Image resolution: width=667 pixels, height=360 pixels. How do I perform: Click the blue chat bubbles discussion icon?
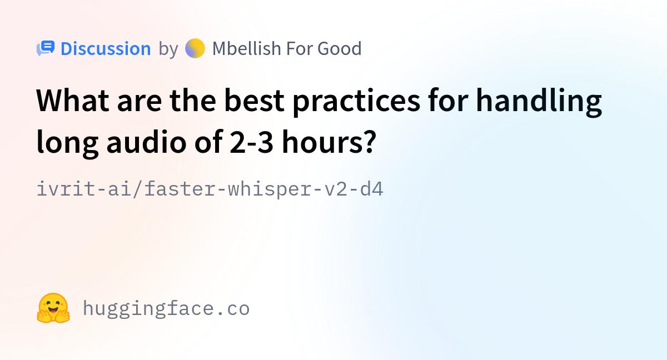tap(46, 48)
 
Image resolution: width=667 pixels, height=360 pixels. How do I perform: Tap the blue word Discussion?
tap(106, 48)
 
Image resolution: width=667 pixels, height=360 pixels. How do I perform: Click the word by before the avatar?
tap(168, 49)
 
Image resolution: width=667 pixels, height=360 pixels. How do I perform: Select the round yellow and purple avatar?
tap(195, 48)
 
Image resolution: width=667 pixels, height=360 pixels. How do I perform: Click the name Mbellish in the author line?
tap(246, 48)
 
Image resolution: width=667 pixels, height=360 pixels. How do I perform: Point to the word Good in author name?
tap(340, 48)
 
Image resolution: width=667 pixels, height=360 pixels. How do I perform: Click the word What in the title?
tap(73, 101)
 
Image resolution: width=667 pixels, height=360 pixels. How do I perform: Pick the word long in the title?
tap(68, 143)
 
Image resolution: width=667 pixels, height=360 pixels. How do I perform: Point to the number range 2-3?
tap(252, 142)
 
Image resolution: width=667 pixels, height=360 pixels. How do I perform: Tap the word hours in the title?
tap(323, 141)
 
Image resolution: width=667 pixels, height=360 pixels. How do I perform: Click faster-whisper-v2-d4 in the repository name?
tap(264, 189)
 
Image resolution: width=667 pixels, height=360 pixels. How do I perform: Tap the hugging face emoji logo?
tap(53, 308)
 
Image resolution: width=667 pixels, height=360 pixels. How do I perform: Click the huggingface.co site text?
tap(166, 309)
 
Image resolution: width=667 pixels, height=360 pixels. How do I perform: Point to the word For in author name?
tap(299, 48)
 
